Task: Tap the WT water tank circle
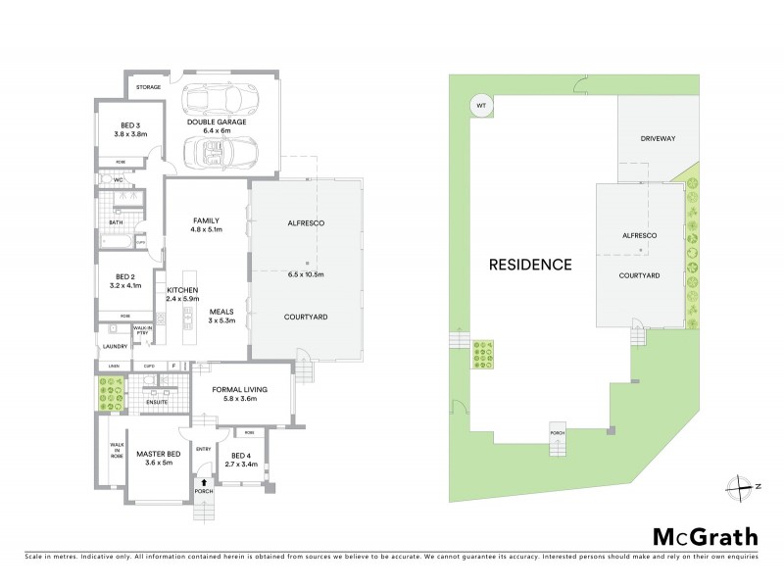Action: point(480,105)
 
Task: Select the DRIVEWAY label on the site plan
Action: point(659,139)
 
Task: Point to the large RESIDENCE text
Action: point(530,264)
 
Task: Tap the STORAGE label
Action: point(148,87)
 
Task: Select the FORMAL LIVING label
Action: point(239,390)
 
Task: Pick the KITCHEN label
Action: point(183,291)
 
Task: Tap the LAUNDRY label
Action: point(115,346)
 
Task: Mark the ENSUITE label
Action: point(156,402)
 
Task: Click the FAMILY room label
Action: point(205,220)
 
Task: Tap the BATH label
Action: point(116,222)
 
